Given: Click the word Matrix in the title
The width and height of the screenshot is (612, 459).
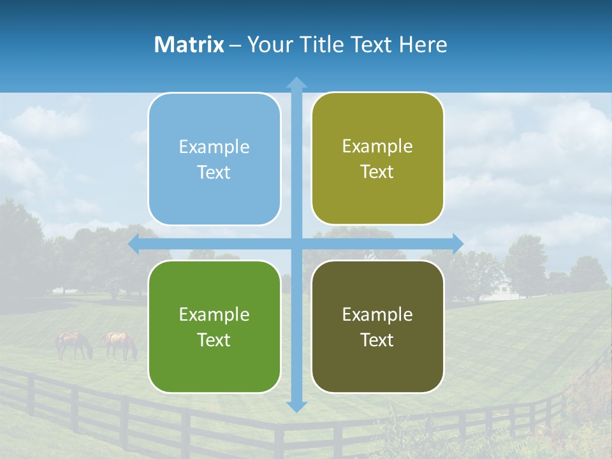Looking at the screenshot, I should point(189,45).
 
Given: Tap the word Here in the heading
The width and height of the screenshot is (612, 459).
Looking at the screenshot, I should point(423,45).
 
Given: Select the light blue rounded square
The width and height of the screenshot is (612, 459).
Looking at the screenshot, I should point(214,159).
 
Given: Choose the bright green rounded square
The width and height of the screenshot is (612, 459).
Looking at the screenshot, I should point(214,326).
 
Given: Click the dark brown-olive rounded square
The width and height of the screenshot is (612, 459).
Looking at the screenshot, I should point(377,326).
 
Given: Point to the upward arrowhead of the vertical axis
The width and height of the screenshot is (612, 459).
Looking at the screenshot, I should point(296,83).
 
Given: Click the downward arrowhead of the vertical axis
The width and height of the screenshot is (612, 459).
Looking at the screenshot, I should point(296,405).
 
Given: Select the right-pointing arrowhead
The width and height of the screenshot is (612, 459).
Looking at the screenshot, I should point(457,244).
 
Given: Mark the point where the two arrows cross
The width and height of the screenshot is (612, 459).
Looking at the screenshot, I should point(296,244).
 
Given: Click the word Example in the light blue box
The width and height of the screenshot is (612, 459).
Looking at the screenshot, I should point(214,147).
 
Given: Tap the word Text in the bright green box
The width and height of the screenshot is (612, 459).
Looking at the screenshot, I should point(214,340).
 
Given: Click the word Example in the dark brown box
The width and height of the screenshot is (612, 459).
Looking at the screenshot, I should point(377,314).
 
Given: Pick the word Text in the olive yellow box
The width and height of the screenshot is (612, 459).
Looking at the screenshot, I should point(377,171).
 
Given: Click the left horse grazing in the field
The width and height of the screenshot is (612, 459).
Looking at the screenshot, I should point(73,344).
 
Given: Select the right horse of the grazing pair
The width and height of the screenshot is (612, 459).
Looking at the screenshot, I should point(120,344).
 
